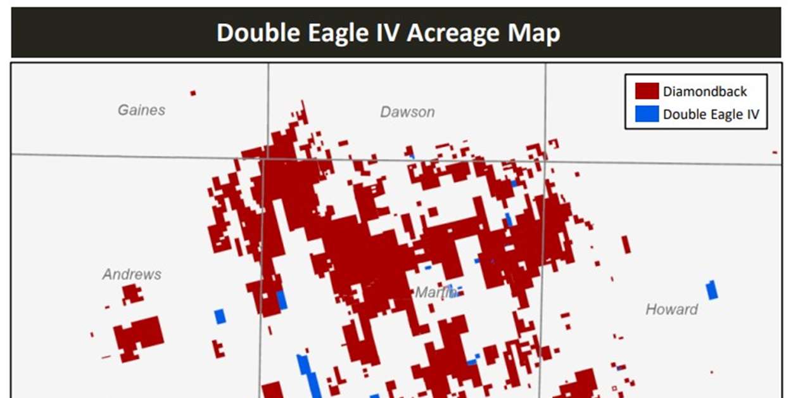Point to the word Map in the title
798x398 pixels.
point(537,33)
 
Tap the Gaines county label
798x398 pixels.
point(141,110)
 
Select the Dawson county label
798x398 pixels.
point(407,112)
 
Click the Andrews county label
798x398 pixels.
point(132,274)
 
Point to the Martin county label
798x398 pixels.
point(436,293)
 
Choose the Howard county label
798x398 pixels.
point(671,309)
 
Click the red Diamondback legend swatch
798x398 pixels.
point(647,91)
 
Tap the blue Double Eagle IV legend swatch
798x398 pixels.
point(647,114)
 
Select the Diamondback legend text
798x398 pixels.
point(705,91)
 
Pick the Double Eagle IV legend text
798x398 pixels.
point(711,115)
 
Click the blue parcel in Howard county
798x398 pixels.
point(712,290)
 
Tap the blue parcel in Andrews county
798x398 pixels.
point(220,316)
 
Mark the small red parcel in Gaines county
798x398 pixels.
point(193,93)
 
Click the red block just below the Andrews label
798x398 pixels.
point(132,294)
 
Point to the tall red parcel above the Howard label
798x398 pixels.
point(626,244)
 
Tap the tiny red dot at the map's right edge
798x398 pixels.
point(774,152)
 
